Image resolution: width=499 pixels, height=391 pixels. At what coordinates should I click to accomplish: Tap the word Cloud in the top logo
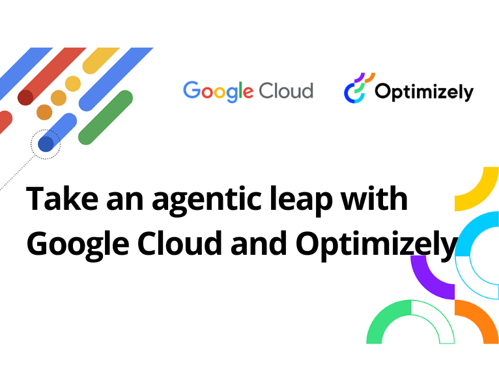point(285,91)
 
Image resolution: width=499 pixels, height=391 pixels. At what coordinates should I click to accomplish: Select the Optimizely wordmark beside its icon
point(423,93)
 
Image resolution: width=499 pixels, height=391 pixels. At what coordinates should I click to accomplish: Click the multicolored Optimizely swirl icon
point(358,88)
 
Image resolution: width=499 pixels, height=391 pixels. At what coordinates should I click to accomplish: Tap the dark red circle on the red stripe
point(25,98)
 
